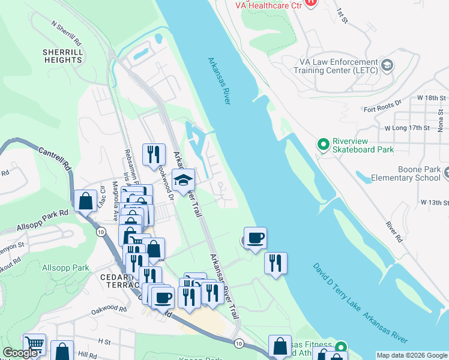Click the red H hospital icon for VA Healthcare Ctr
point(310,2)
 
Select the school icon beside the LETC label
point(387,65)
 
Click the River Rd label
point(392,226)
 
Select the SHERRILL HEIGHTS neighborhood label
point(62,56)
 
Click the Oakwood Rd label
point(109,310)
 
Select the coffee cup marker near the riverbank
point(255,238)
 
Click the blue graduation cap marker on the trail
point(183,179)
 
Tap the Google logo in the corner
point(20,353)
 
